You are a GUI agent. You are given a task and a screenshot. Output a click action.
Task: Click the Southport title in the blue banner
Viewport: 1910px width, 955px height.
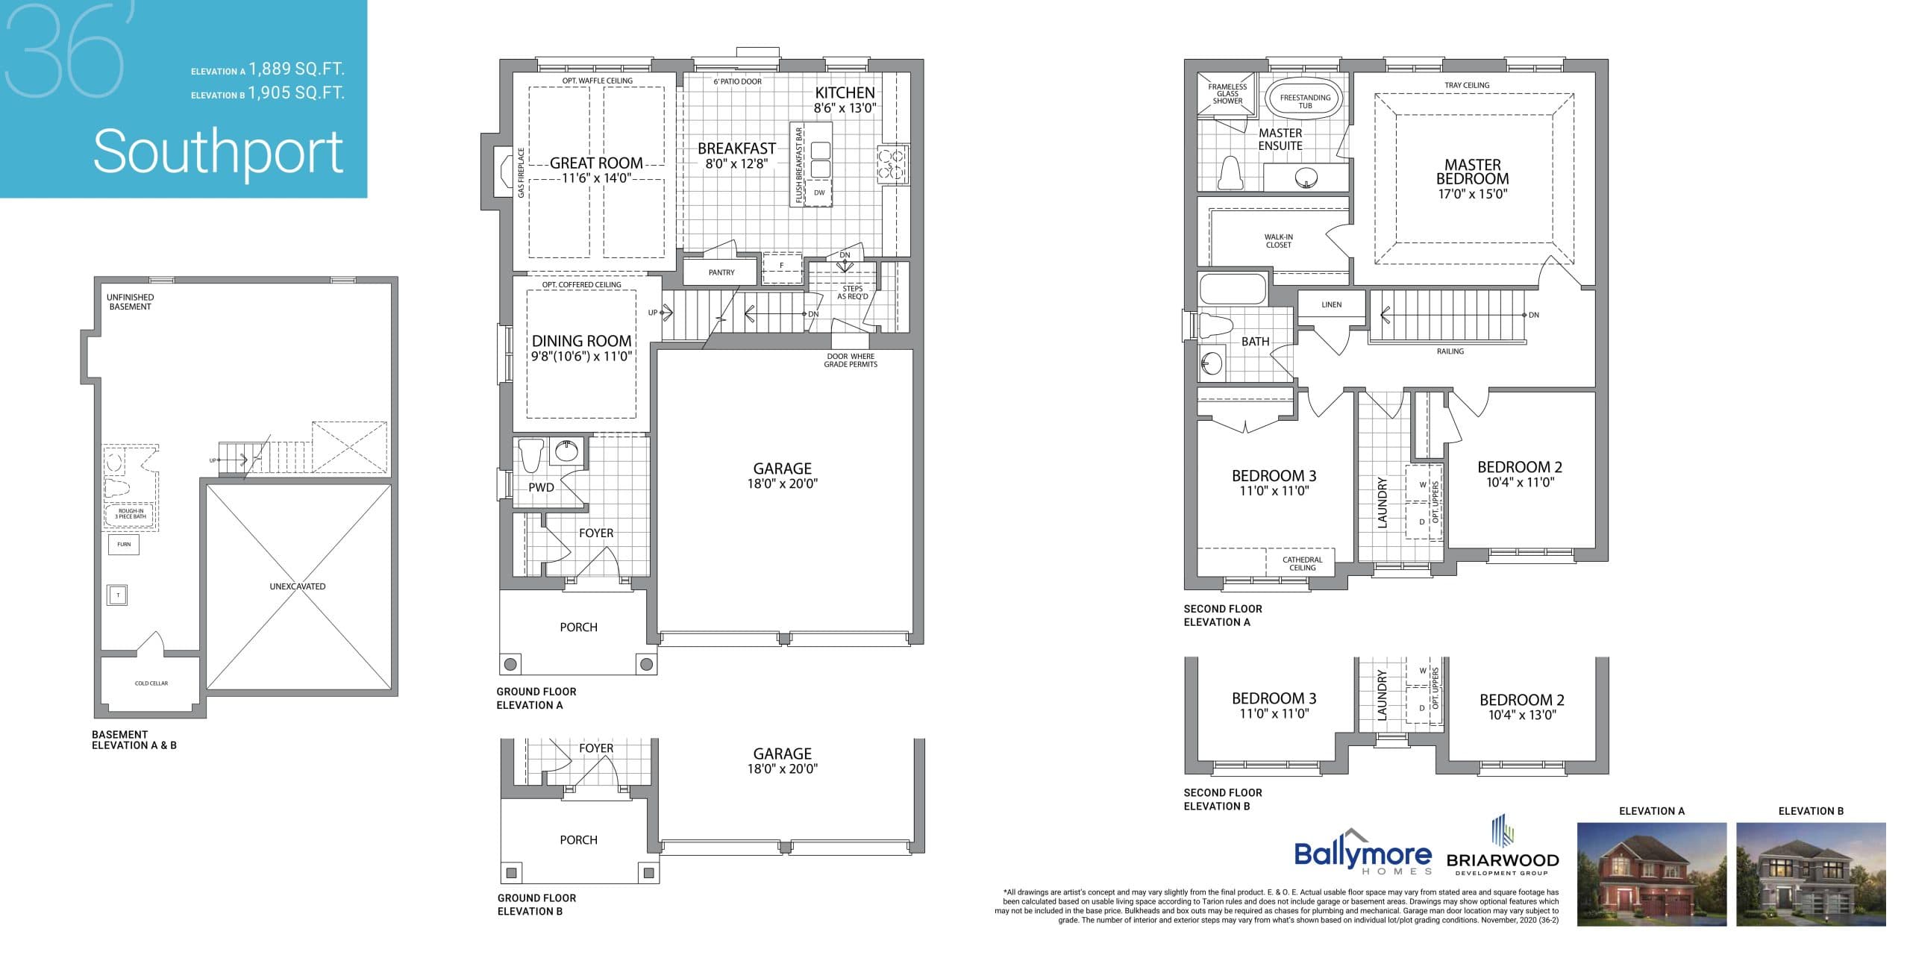pos(218,152)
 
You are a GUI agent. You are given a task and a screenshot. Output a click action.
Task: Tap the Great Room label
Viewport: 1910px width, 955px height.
pos(596,163)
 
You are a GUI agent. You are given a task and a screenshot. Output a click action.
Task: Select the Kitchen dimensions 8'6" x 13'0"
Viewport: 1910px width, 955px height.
pos(845,108)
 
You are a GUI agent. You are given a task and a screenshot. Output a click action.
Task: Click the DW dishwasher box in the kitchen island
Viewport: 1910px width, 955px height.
pos(819,192)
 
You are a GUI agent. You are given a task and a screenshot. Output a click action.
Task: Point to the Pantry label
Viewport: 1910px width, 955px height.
pos(721,272)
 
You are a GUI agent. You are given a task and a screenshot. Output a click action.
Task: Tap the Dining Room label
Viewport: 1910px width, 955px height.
pos(581,341)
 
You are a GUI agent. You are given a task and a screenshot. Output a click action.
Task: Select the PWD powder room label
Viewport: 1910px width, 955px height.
pos(541,487)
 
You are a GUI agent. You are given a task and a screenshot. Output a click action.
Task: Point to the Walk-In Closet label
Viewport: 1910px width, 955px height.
pos(1278,241)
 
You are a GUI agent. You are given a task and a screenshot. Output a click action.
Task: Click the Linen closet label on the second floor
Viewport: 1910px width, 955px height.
pos(1331,304)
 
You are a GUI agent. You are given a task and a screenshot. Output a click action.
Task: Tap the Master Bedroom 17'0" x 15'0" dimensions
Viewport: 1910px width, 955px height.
pos(1472,194)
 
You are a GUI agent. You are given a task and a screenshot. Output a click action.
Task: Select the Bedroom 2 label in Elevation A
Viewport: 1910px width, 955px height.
pos(1519,467)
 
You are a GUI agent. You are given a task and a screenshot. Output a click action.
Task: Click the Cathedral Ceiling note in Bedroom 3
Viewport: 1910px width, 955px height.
pos(1302,563)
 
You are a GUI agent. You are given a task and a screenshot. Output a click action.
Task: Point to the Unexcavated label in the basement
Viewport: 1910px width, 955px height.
pos(297,586)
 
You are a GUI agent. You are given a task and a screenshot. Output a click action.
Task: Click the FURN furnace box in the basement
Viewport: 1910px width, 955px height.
pos(124,544)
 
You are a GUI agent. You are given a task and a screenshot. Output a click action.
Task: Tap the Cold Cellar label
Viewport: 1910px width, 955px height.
pos(151,683)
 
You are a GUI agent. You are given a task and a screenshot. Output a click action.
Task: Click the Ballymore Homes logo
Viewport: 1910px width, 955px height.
pos(1362,856)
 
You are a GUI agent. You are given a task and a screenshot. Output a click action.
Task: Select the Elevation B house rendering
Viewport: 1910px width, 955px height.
pos(1810,874)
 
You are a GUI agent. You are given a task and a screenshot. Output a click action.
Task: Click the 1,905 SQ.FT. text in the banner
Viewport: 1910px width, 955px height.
pos(296,93)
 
